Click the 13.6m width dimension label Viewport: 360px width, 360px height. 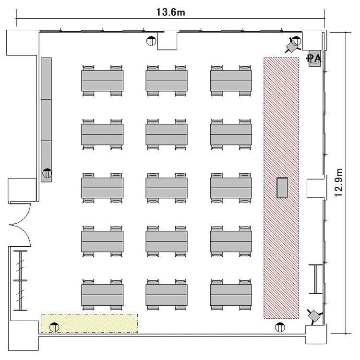170,12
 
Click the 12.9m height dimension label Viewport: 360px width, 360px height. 339,182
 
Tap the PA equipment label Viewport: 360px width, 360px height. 314,59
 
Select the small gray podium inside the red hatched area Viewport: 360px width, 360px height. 282,188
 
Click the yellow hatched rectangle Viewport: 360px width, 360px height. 89,323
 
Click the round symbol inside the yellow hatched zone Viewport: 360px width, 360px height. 54,327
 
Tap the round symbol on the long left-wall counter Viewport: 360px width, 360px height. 48,173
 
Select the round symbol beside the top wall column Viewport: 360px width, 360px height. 151,41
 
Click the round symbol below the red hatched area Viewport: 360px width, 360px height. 280,327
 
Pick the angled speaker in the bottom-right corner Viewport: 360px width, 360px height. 314,316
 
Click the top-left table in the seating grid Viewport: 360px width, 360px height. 102,81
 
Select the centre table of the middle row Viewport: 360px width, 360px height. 167,188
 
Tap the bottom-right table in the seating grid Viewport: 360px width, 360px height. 231,295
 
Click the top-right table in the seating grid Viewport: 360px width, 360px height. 231,81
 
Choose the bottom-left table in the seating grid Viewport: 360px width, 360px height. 102,295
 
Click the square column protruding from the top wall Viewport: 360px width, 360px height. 167,41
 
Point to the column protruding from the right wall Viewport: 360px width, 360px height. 317,188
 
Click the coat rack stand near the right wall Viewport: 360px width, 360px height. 316,279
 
